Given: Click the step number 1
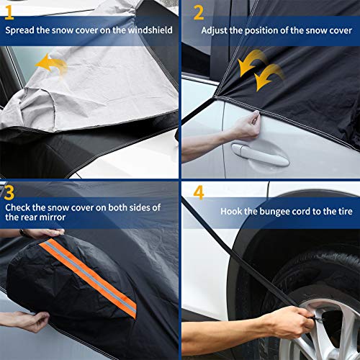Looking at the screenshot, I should click(10, 13).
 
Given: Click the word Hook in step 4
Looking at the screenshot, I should click(232, 212).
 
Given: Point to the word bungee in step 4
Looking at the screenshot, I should click(274, 212).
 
